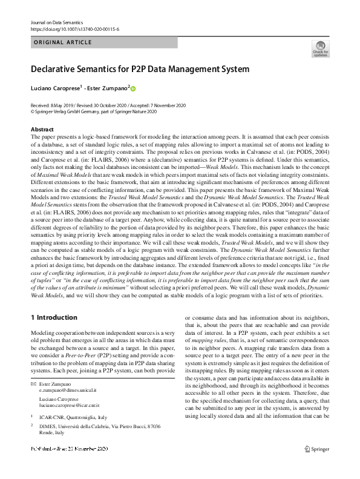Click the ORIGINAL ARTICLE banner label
(64, 42)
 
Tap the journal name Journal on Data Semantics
(56, 22)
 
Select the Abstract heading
(41, 130)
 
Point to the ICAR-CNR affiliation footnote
(71, 417)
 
